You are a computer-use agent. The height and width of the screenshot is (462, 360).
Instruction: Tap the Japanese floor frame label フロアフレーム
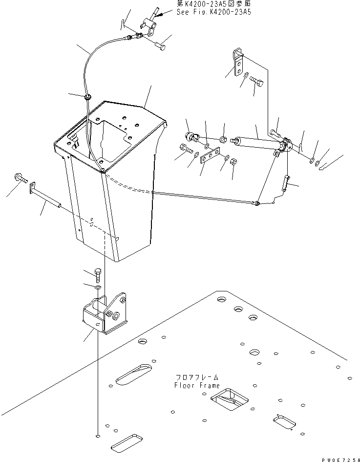point(197,378)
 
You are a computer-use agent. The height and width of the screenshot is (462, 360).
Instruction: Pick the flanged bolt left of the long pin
point(21,177)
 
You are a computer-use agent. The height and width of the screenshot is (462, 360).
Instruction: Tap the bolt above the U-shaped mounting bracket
point(98,275)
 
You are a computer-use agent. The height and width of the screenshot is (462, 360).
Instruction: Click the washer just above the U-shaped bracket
point(98,289)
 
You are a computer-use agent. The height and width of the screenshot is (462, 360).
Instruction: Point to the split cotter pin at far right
point(327,168)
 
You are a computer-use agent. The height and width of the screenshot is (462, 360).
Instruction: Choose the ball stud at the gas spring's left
point(191,136)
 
